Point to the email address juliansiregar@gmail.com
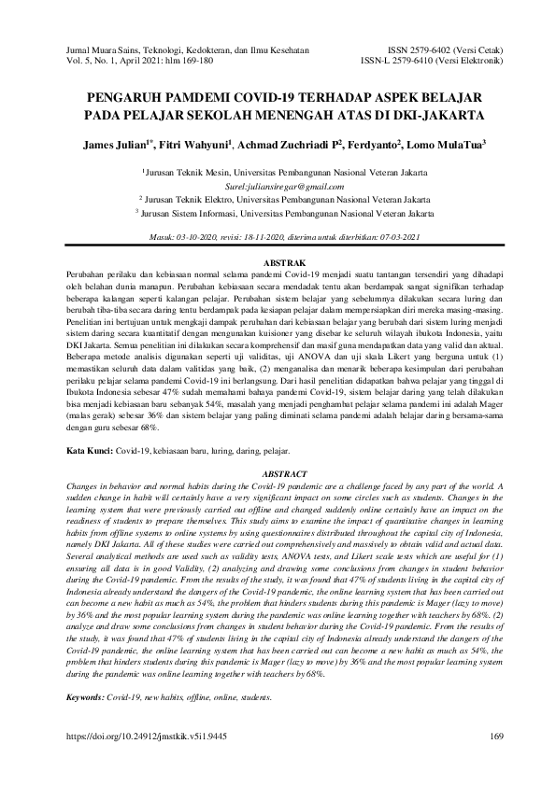[x=278, y=187]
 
